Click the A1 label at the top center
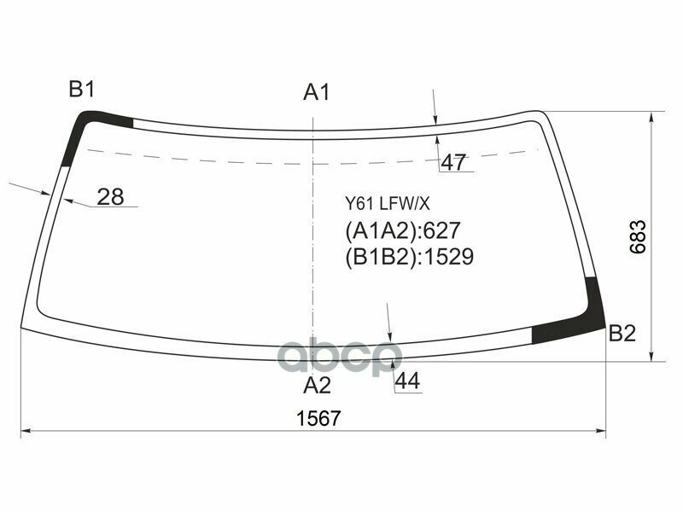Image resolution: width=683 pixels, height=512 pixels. pyautogui.click(x=317, y=92)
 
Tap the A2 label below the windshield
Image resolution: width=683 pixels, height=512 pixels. pyautogui.click(x=317, y=386)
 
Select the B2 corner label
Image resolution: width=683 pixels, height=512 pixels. pyautogui.click(x=622, y=334)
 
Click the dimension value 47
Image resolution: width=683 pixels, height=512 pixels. pyautogui.click(x=454, y=162)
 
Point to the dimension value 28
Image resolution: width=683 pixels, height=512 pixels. pyautogui.click(x=110, y=197)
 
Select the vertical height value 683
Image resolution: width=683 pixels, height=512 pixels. pyautogui.click(x=639, y=237)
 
